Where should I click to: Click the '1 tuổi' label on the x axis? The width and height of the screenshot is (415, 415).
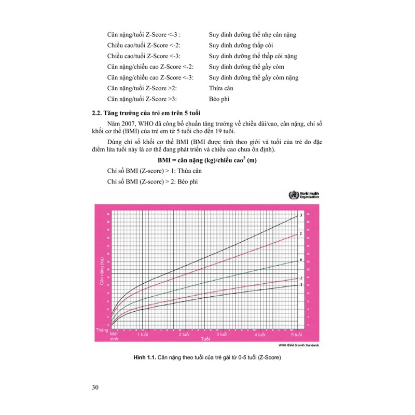click(x=144, y=336)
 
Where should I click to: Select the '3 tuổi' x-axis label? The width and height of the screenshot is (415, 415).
click(x=223, y=336)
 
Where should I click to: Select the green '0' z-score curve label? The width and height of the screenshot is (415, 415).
click(x=301, y=259)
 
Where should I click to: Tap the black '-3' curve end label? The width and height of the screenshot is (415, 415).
click(x=301, y=285)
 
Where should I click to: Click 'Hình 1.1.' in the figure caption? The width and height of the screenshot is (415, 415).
click(x=144, y=358)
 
